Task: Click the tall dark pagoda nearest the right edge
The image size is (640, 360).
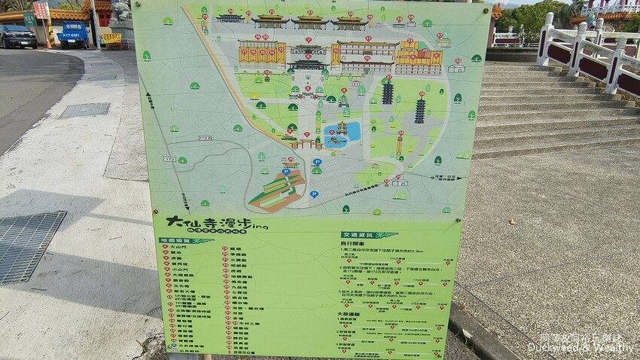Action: pyautogui.click(x=419, y=110)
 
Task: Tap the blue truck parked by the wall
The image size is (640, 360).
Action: pyautogui.click(x=74, y=33)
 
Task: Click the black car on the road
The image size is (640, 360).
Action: pyautogui.click(x=17, y=36)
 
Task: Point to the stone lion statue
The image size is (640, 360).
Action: pyautogui.click(x=121, y=11)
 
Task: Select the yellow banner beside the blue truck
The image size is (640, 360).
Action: pyautogui.click(x=111, y=38)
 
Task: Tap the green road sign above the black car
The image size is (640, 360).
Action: pyautogui.click(x=29, y=18)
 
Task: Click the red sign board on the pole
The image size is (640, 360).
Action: pyautogui.click(x=41, y=10)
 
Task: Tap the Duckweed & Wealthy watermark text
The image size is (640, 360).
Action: pyautogui.click(x=575, y=349)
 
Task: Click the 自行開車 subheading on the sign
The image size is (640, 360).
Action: pyautogui.click(x=353, y=244)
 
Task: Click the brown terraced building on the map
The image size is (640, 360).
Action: pyautogui.click(x=278, y=189)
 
